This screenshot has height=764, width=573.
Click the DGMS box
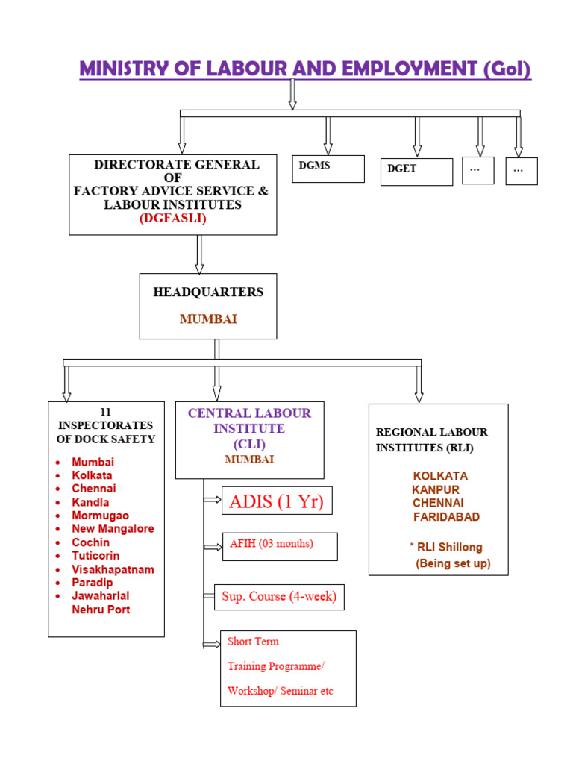click(x=328, y=168)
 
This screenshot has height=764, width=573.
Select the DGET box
click(x=416, y=171)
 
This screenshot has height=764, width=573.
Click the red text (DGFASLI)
click(x=172, y=219)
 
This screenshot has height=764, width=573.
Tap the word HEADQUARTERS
click(x=208, y=292)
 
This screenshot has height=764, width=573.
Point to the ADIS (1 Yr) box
click(x=277, y=501)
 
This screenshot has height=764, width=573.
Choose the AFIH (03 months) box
click(x=280, y=545)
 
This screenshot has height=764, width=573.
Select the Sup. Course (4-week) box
click(x=279, y=596)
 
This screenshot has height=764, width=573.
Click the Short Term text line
click(x=253, y=641)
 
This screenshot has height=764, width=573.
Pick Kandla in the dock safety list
click(x=90, y=502)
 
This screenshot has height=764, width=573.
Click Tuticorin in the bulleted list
click(x=95, y=556)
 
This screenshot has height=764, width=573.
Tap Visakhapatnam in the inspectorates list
click(x=113, y=569)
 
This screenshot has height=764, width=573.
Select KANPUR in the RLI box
click(x=436, y=489)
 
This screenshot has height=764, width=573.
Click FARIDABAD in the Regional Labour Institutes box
click(x=446, y=516)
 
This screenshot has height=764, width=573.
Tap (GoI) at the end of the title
click(x=507, y=69)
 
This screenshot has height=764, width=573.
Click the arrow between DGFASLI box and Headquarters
click(x=199, y=254)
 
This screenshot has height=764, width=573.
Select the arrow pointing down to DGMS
click(x=328, y=136)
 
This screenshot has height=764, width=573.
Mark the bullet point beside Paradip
click(x=58, y=583)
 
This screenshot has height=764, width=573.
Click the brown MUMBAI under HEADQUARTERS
click(x=208, y=319)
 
